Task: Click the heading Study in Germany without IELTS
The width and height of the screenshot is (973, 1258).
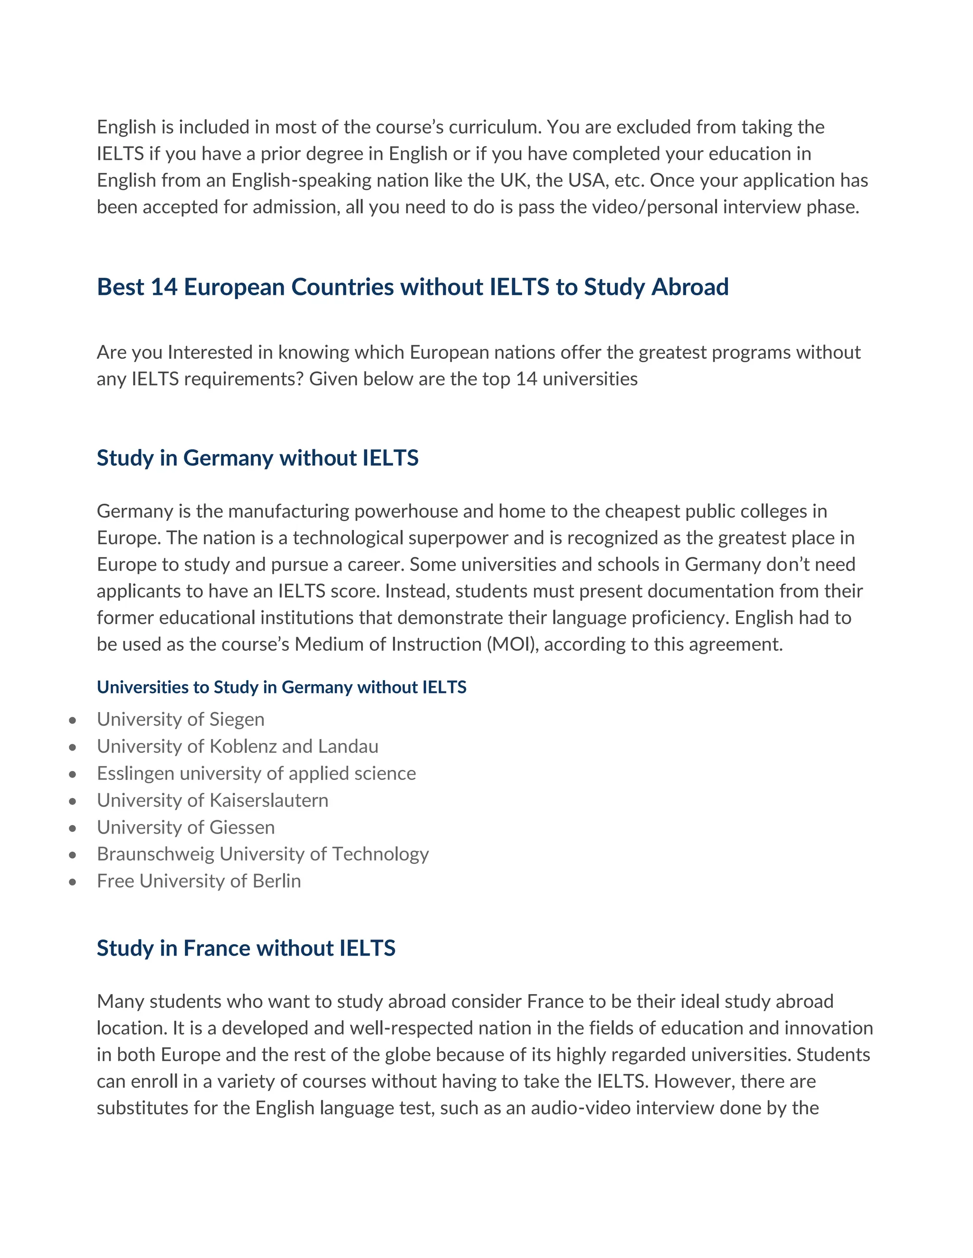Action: (257, 458)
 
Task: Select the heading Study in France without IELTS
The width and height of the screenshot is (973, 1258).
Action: (246, 948)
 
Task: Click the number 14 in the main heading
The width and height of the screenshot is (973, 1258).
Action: (164, 287)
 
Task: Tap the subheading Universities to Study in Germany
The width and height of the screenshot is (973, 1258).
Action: (281, 687)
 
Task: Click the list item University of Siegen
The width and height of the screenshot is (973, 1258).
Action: (181, 719)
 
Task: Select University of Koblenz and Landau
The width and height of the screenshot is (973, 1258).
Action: (238, 747)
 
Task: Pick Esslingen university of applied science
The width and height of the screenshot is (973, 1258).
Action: (256, 774)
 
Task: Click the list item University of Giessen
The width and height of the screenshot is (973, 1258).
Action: (186, 828)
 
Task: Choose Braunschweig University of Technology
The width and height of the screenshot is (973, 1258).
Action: (262, 854)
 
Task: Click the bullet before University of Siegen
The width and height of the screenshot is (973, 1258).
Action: (72, 721)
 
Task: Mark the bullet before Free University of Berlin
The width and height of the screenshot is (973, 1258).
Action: (72, 882)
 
